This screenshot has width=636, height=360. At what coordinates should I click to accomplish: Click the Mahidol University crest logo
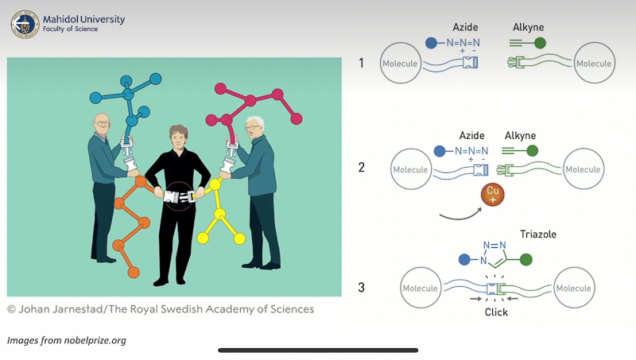click(25, 24)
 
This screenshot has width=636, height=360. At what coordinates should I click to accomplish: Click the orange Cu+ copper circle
click(493, 195)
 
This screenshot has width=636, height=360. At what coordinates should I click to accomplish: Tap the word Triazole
click(538, 234)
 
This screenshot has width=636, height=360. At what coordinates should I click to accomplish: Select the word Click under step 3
click(496, 312)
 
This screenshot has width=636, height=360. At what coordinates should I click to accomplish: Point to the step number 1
click(362, 63)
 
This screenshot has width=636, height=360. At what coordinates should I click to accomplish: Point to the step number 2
click(362, 168)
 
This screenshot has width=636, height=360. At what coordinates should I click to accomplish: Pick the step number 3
click(362, 287)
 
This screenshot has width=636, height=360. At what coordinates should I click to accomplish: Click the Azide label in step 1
click(465, 27)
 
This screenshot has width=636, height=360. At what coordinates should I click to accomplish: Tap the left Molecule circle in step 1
click(400, 64)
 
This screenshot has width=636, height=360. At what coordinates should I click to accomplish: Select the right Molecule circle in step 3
click(573, 288)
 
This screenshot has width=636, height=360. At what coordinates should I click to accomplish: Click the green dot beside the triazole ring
click(525, 259)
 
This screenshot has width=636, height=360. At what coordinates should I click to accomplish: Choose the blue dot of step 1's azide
click(431, 43)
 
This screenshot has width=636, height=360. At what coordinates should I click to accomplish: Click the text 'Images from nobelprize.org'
click(67, 340)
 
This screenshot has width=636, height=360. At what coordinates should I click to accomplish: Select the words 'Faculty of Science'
click(71, 29)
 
